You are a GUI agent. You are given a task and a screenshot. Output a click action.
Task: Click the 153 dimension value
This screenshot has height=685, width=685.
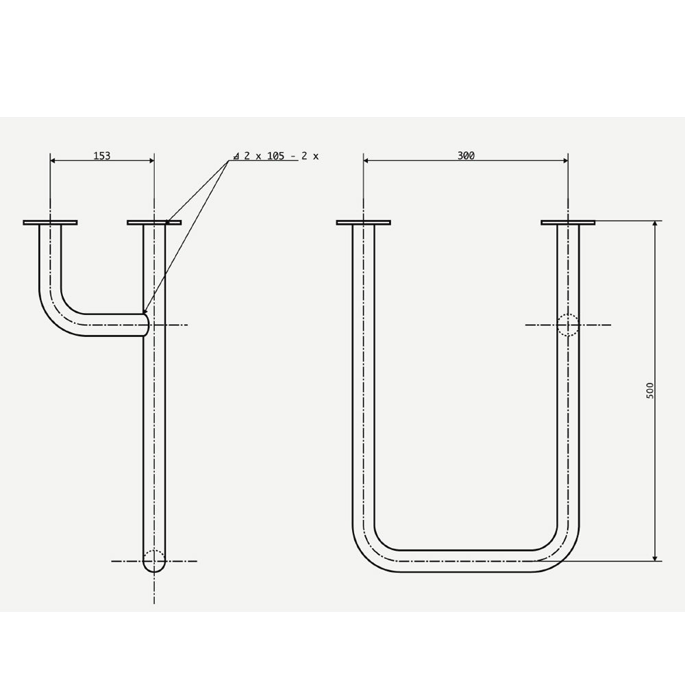pos(102,155)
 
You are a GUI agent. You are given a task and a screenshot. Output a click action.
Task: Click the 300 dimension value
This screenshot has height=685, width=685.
pos(466,155)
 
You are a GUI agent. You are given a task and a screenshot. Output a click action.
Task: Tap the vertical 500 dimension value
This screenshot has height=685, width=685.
pos(650,390)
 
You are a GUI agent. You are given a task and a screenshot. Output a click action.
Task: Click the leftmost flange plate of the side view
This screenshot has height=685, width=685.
pos(50,223)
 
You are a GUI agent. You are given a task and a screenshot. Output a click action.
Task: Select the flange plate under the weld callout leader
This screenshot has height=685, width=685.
pos(154,223)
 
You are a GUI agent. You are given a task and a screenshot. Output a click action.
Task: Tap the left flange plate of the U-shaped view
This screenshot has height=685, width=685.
pos(364,223)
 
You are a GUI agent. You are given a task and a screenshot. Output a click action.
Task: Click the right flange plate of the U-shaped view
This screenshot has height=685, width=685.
pos(568,223)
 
